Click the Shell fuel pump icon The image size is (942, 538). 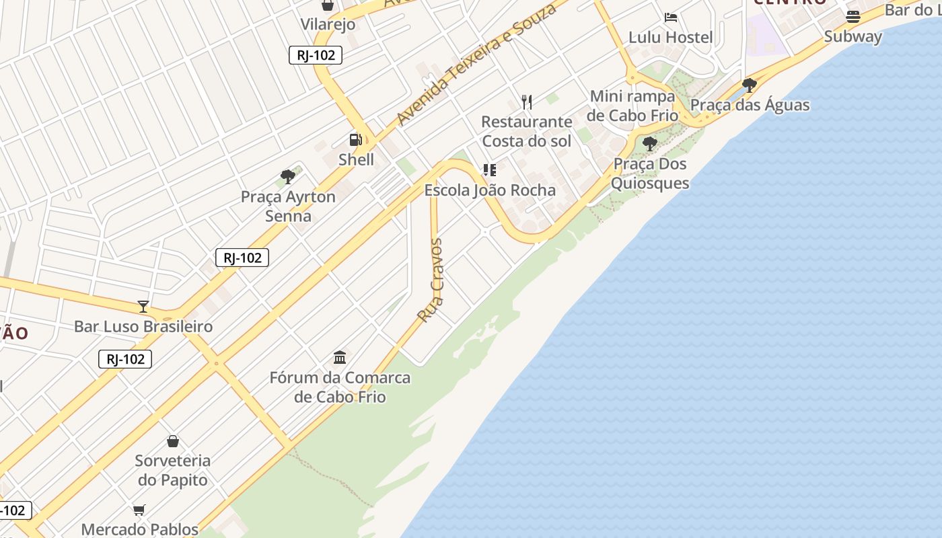tap(355, 140)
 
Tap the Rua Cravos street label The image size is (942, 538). tap(431, 280)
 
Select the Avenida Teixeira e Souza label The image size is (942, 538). tap(476, 65)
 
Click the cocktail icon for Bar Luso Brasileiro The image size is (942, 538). tap(143, 307)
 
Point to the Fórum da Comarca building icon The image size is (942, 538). tap(340, 357)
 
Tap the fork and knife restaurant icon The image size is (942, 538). tap(527, 102)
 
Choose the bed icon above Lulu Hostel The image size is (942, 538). tap(670, 17)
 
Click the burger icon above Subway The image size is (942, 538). tap(853, 17)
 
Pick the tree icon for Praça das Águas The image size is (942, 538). tap(749, 85)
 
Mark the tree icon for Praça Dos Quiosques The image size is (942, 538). tap(649, 144)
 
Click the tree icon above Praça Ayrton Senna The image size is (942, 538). tap(288, 177)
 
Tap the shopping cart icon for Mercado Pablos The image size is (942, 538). tap(139, 510)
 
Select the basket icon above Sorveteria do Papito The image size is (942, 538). tap(173, 441)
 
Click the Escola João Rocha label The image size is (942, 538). tap(490, 190)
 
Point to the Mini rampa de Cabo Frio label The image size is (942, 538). tap(632, 106)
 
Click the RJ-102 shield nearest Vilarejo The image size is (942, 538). tap(316, 55)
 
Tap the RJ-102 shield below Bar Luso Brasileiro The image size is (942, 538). tap(125, 359)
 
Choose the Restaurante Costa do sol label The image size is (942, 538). tap(527, 131)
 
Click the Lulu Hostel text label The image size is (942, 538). tap(670, 37)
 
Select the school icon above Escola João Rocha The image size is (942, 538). tap(490, 170)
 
